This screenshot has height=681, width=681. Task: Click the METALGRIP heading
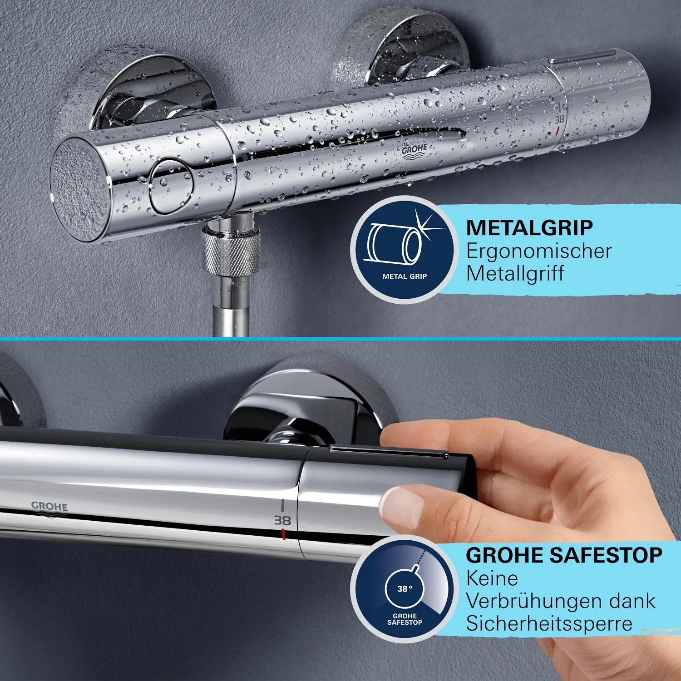[529, 228]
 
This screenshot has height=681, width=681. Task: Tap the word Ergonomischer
[539, 251]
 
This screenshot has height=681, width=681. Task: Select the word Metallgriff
[515, 273]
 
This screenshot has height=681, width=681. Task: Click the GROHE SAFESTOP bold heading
[563, 555]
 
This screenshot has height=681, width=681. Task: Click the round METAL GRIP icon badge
[404, 250]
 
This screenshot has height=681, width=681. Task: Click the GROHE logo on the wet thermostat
[414, 151]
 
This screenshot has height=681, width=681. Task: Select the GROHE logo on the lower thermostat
[49, 507]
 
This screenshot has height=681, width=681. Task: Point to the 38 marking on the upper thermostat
[560, 119]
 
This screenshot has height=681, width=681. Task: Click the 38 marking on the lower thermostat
[282, 520]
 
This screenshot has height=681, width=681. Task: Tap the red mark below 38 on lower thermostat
[283, 534]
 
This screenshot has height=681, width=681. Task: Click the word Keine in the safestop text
[492, 578]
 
